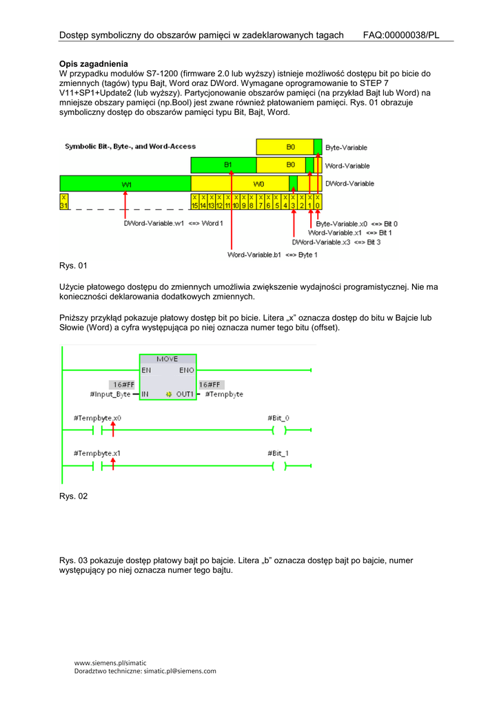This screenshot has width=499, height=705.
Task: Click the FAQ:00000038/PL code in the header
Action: click(400, 35)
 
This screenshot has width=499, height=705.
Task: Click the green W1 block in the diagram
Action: click(125, 184)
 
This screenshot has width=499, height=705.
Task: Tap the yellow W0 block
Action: click(258, 184)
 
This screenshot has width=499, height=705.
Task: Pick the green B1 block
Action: click(228, 165)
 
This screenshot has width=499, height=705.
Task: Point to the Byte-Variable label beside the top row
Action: click(346, 147)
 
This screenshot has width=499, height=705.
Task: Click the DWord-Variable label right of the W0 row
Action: click(349, 184)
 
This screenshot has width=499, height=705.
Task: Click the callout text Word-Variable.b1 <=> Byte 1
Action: click(272, 255)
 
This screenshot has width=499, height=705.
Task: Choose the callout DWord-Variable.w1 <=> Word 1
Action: click(173, 223)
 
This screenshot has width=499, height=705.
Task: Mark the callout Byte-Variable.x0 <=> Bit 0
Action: click(356, 224)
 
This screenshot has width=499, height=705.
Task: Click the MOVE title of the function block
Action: click(167, 359)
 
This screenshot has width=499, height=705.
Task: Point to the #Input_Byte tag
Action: click(110, 394)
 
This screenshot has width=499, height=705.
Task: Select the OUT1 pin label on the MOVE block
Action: click(183, 394)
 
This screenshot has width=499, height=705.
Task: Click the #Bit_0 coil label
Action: click(278, 418)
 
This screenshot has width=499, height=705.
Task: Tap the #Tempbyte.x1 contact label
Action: click(97, 453)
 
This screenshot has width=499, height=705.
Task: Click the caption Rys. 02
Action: click(74, 496)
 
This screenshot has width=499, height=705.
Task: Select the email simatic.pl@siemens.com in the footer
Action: click(179, 671)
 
